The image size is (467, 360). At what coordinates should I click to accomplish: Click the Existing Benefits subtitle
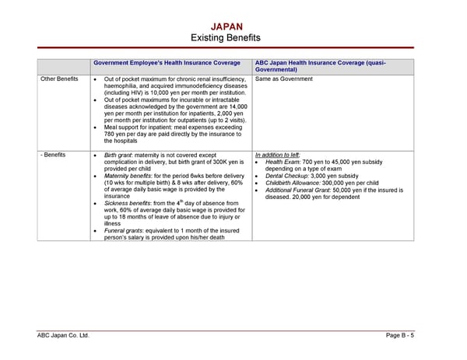pos(226,38)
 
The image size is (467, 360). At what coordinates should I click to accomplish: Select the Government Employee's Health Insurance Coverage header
pos(167,63)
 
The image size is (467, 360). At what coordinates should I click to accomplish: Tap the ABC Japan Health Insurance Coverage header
pos(320,66)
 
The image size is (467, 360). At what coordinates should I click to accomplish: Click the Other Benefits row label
pos(58,79)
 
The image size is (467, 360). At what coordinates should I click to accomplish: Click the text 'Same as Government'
pos(283,79)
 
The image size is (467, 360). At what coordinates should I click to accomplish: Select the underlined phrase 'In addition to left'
pos(277,155)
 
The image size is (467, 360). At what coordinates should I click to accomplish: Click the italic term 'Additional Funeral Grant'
pos(300,190)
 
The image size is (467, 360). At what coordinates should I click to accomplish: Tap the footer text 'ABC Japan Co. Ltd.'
pos(64,335)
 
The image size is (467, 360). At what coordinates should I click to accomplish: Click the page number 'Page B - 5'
pos(400,335)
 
